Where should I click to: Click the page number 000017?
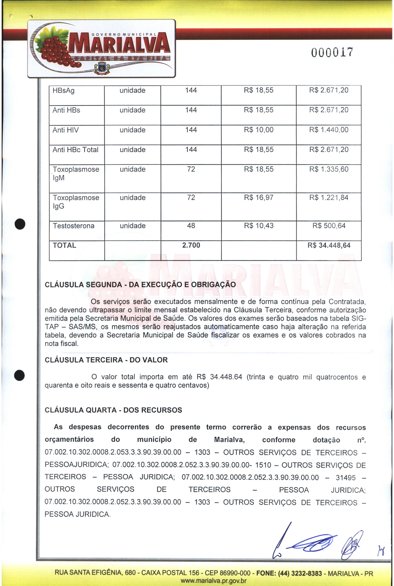click(x=332, y=52)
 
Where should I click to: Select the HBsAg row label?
click(x=63, y=90)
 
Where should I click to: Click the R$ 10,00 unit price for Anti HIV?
click(x=258, y=130)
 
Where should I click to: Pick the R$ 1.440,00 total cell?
click(x=328, y=130)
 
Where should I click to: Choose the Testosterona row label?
click(x=73, y=226)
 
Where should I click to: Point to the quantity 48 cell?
click(x=191, y=226)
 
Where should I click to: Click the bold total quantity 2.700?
click(x=191, y=245)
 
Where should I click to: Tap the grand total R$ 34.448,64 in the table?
click(x=329, y=245)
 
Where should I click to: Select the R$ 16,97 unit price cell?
click(x=258, y=198)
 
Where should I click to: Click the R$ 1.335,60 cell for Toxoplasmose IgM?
click(x=328, y=169)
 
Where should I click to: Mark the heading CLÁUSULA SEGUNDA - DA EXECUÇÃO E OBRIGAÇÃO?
click(x=140, y=285)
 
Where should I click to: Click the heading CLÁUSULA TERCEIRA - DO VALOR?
click(x=106, y=360)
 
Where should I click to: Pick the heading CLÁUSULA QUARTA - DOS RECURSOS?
click(x=113, y=410)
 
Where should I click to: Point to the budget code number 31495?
click(x=346, y=477)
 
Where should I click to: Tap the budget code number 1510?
click(x=263, y=465)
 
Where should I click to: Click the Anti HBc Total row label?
click(x=75, y=150)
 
